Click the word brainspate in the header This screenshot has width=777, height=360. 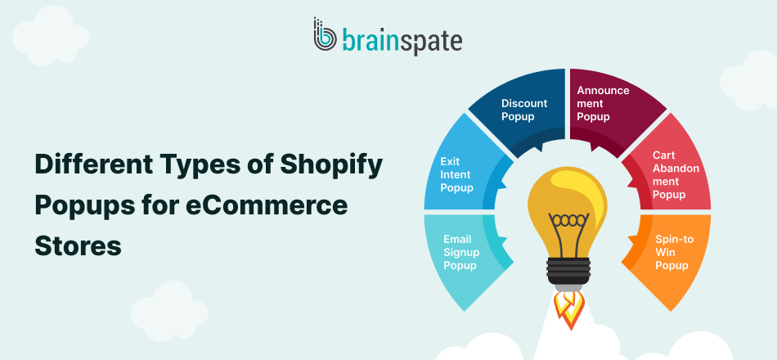(402, 38)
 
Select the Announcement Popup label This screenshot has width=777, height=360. (604, 104)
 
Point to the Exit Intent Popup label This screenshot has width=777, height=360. (456, 175)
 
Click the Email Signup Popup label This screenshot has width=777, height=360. (461, 252)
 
